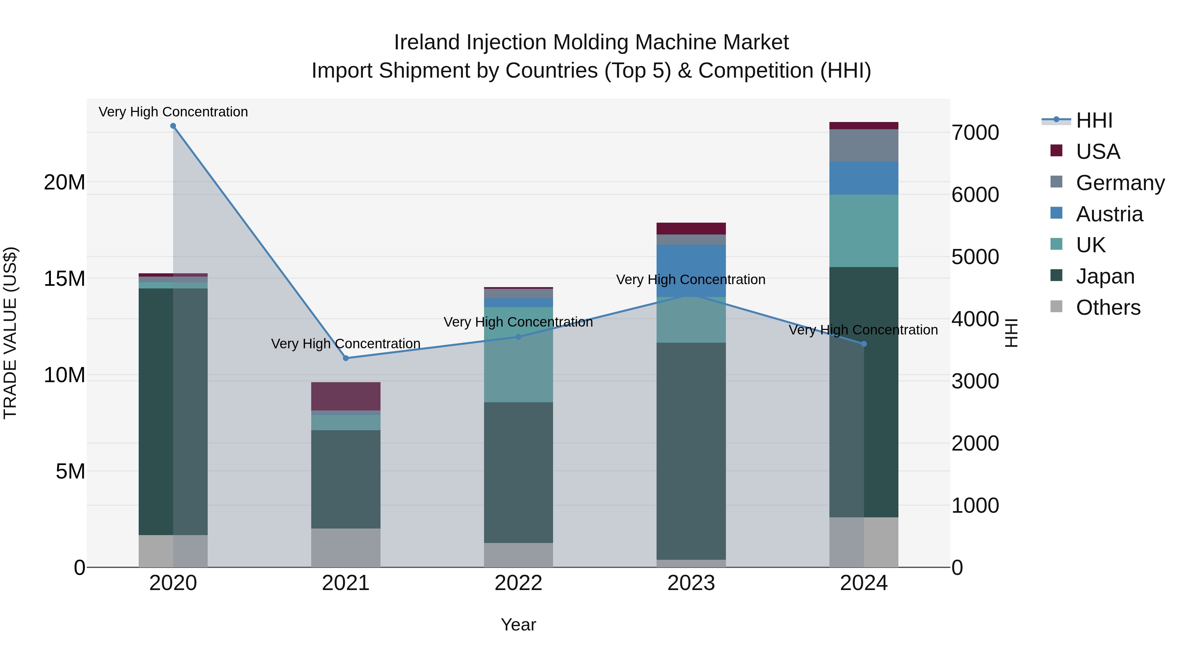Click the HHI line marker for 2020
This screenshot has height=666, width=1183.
click(173, 126)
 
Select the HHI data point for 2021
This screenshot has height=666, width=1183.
click(346, 358)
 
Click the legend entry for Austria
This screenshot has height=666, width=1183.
click(1109, 214)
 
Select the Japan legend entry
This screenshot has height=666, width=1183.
click(1104, 276)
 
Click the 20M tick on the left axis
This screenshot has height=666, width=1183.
click(64, 183)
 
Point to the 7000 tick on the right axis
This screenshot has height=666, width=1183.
click(975, 133)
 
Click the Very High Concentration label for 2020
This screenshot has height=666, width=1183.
click(173, 112)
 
